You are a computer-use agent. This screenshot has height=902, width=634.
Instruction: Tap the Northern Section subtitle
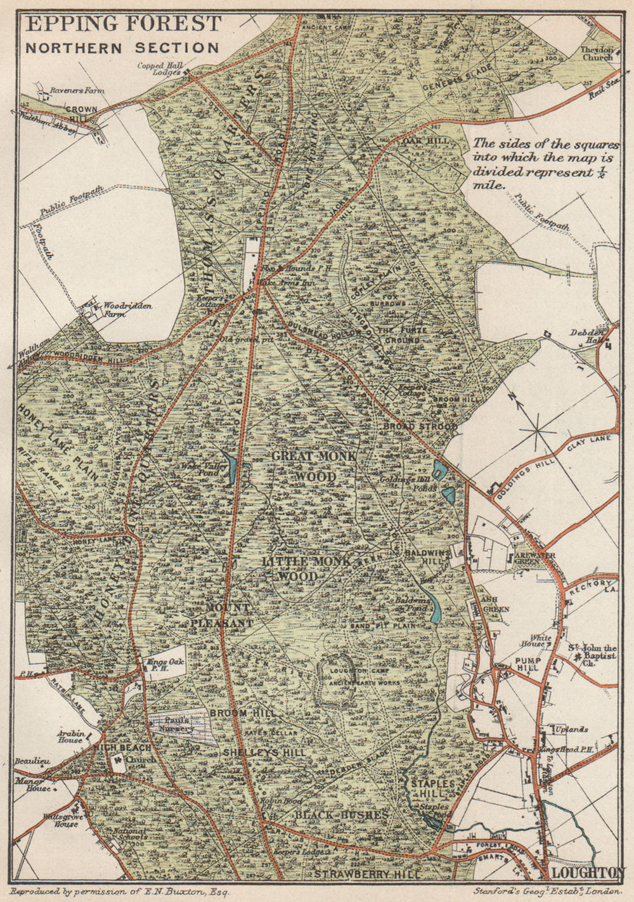tap(122, 48)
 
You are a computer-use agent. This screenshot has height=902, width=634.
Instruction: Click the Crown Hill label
tap(82, 113)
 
